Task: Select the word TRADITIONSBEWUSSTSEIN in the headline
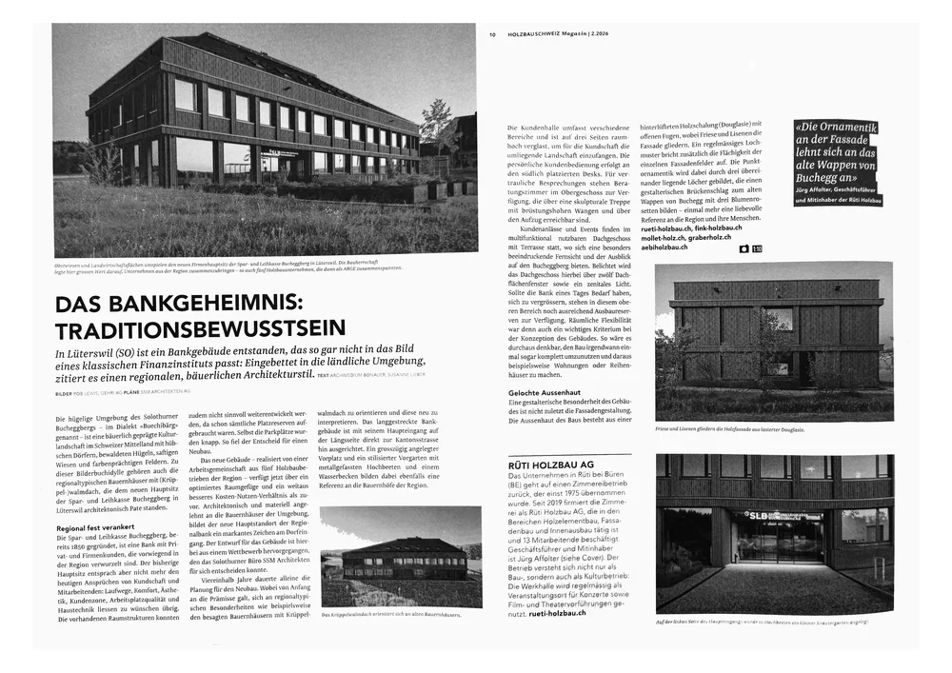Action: [x=200, y=329]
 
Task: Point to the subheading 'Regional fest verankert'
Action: [x=95, y=527]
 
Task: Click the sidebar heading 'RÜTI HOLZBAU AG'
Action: [x=552, y=465]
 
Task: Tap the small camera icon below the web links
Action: [x=743, y=248]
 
